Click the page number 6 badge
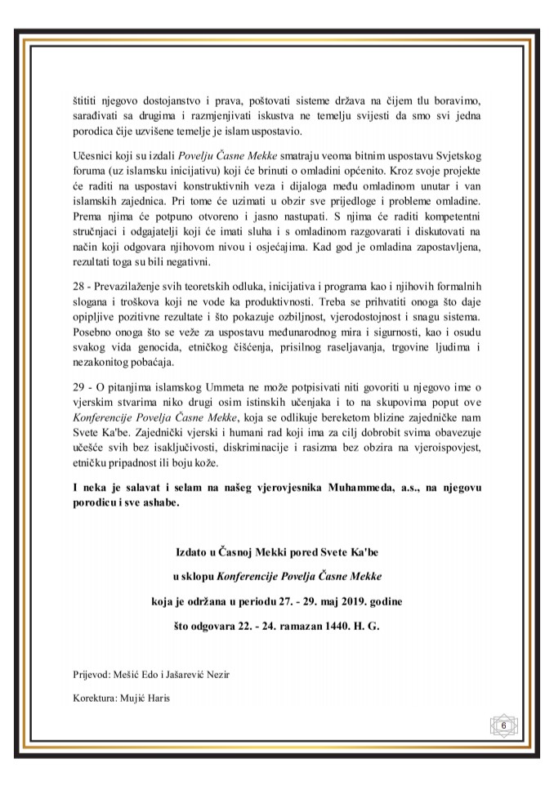(503, 725)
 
